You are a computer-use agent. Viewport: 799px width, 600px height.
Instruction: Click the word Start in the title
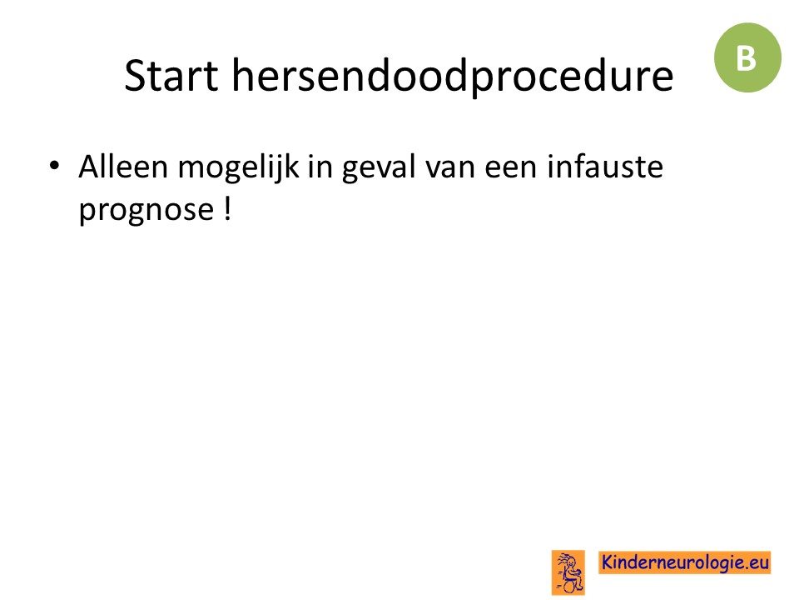(x=171, y=76)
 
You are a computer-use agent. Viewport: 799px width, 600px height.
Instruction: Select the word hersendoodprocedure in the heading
(x=453, y=77)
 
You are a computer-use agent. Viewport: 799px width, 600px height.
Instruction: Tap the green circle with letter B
(x=747, y=57)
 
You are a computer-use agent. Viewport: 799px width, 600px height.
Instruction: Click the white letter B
(x=746, y=58)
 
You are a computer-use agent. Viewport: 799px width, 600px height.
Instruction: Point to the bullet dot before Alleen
(x=54, y=165)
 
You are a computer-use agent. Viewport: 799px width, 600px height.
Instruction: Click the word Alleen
(x=123, y=167)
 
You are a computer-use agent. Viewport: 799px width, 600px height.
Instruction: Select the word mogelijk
(x=238, y=169)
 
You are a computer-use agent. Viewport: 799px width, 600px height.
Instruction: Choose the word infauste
(x=605, y=167)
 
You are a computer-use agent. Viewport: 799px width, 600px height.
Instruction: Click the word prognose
(x=146, y=211)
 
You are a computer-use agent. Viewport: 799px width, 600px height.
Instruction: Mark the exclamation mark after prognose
(x=227, y=208)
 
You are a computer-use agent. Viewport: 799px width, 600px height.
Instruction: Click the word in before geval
(x=320, y=167)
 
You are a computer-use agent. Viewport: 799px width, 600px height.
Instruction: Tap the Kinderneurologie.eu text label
(x=684, y=562)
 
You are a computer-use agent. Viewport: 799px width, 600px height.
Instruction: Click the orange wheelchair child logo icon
(x=568, y=572)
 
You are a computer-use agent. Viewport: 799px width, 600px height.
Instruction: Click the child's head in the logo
(x=571, y=562)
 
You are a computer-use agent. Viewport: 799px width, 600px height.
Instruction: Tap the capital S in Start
(x=135, y=76)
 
